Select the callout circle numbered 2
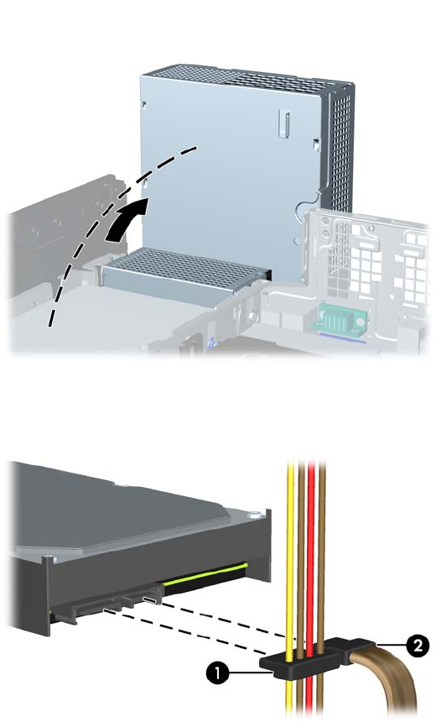pos(418,646)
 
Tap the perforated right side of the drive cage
pos(340,148)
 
